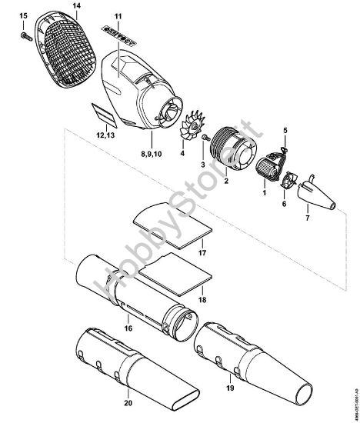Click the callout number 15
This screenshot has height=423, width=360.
[x=22, y=16]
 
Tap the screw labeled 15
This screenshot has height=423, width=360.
[x=25, y=34]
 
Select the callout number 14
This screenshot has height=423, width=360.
[x=76, y=7]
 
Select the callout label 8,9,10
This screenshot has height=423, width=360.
[x=152, y=155]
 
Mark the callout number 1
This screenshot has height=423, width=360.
[x=265, y=195]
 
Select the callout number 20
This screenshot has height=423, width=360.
[x=128, y=403]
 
